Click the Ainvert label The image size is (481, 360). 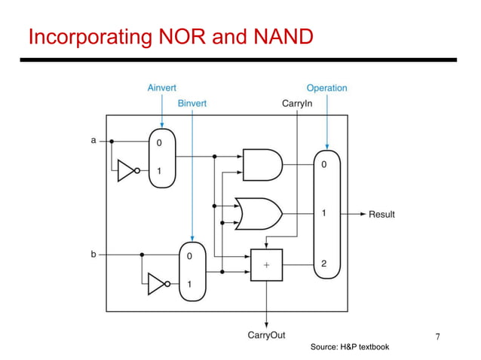[161, 88]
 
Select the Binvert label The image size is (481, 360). [192, 103]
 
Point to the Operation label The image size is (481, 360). [326, 88]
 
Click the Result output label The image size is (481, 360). [381, 215]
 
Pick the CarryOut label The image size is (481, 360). [266, 335]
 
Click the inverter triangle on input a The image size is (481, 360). [127, 172]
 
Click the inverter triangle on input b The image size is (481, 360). [157, 284]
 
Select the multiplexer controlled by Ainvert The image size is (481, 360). [161, 157]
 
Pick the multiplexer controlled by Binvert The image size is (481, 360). [191, 270]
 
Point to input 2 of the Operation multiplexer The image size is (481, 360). [323, 264]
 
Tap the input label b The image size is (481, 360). [93, 255]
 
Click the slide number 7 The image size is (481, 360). [439, 335]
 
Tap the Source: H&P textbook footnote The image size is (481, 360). [350, 347]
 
